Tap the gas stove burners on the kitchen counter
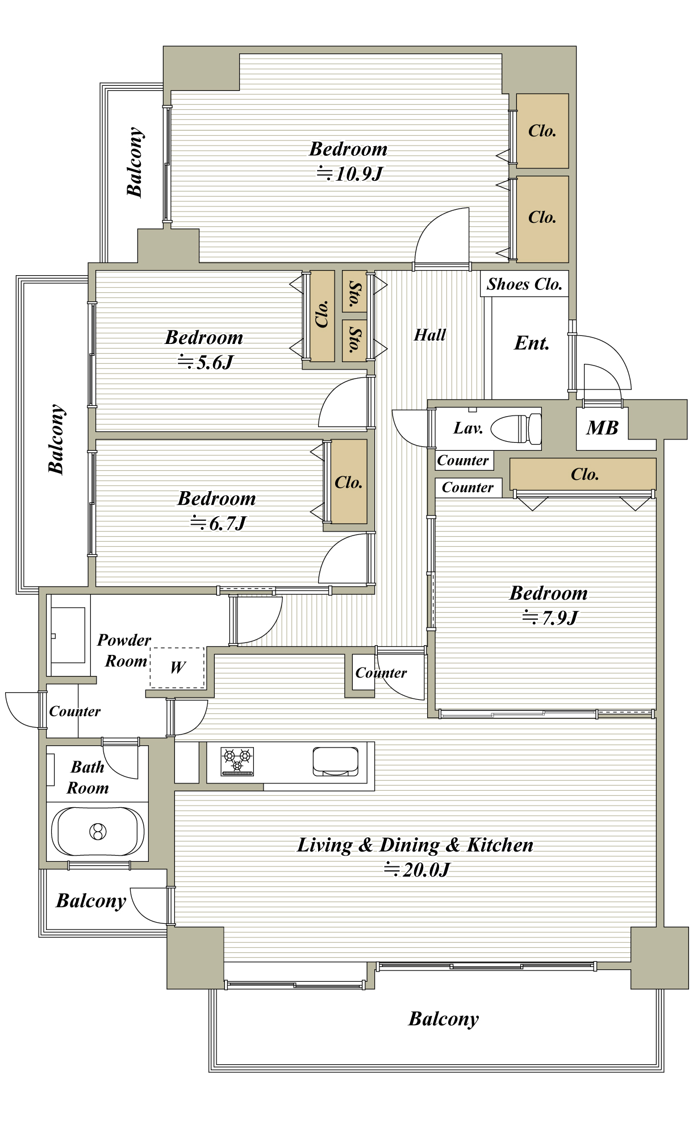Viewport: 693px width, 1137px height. point(237,761)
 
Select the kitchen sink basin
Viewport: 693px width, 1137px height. point(336,761)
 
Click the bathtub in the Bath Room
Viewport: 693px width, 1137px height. point(98,831)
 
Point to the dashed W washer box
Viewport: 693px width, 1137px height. point(177,668)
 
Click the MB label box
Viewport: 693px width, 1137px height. point(602,428)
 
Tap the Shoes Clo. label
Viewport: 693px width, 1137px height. point(524,284)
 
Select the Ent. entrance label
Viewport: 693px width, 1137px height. point(532,343)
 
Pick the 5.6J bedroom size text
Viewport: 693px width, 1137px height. point(206,362)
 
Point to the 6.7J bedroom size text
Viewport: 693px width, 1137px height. point(218,522)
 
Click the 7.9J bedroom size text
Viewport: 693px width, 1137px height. point(550,617)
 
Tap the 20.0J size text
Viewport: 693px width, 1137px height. point(417,869)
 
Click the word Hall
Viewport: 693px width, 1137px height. point(429,335)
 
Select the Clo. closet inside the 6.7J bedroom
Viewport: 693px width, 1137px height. point(349,482)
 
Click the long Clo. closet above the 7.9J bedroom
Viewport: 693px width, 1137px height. point(583,474)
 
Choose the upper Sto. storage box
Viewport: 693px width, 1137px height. point(354,291)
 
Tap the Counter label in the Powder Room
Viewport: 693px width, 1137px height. point(74,711)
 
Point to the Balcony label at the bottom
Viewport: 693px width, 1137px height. point(444,1019)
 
